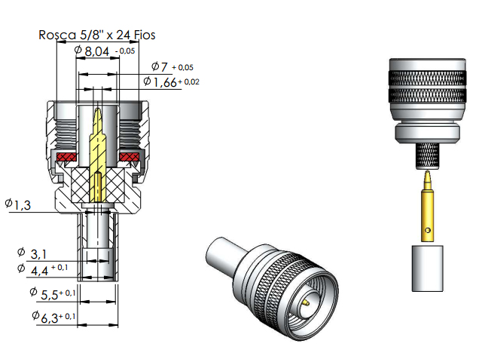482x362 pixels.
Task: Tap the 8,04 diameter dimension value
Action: (97, 51)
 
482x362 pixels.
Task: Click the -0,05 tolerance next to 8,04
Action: (126, 51)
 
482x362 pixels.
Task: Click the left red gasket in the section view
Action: (64, 157)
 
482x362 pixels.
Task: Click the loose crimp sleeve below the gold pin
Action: (427, 268)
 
